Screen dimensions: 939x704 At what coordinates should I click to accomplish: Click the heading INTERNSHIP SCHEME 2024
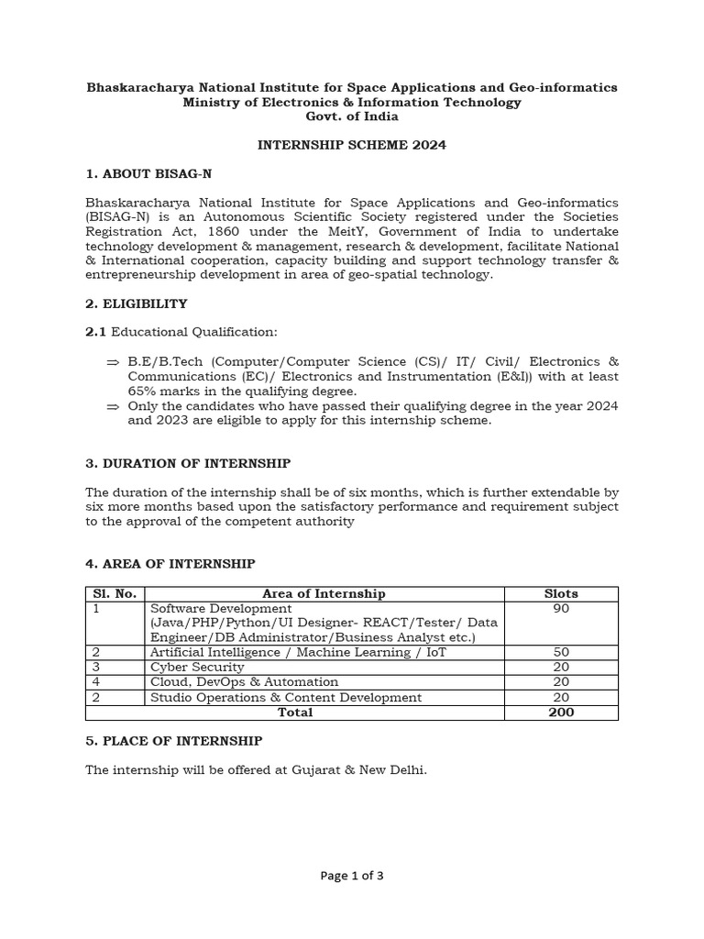[x=351, y=146]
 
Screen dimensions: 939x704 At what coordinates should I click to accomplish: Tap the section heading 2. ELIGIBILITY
[x=136, y=304]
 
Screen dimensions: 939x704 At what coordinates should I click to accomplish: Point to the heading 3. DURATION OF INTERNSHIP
[x=188, y=464]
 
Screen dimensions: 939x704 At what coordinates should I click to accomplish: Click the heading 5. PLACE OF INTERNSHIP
[x=174, y=741]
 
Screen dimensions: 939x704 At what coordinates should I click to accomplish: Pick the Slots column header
[x=561, y=594]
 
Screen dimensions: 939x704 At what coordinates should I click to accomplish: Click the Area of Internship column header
[x=324, y=594]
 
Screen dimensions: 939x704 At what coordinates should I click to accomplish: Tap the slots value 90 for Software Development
[x=561, y=608]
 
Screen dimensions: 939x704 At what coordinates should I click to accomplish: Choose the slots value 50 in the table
[x=561, y=652]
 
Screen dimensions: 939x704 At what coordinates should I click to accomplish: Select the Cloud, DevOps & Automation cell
[x=244, y=681]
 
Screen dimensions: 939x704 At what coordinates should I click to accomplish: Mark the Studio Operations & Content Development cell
[x=286, y=697]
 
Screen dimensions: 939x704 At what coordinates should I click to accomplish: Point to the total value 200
[x=561, y=713]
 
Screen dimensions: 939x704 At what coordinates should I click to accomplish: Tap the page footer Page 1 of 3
[x=352, y=876]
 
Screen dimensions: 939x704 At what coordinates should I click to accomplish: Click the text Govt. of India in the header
[x=352, y=116]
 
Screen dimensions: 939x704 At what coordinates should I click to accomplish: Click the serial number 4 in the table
[x=94, y=681]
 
